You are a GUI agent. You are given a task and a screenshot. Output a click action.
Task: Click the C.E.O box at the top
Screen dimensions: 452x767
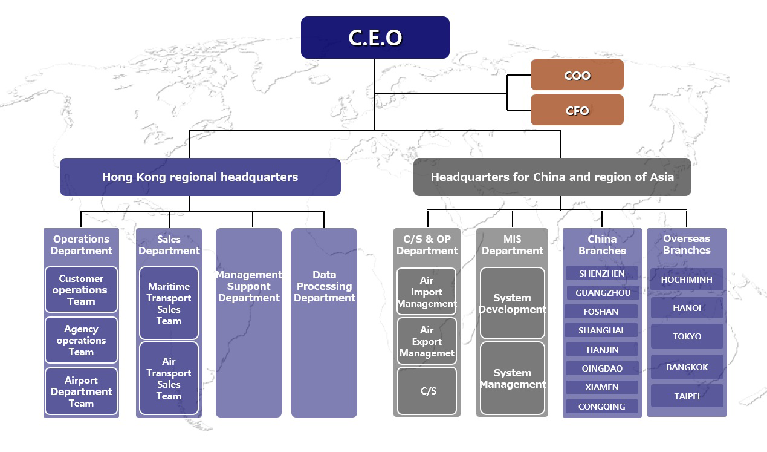click(x=375, y=38)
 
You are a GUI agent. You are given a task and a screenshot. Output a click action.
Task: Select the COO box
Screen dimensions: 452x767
click(x=577, y=75)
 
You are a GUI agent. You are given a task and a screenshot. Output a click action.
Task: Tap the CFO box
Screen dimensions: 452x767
click(x=577, y=110)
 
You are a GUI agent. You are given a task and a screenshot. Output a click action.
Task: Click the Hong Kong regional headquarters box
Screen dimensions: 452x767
click(x=200, y=177)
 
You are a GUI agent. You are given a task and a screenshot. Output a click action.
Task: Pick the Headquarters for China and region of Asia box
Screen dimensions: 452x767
click(x=552, y=177)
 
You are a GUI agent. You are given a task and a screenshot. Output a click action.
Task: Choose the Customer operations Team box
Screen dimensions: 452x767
click(x=81, y=290)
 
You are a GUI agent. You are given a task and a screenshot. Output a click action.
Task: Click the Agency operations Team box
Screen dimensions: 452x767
click(x=81, y=340)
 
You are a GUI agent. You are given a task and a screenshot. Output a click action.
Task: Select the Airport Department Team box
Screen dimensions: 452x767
click(x=81, y=391)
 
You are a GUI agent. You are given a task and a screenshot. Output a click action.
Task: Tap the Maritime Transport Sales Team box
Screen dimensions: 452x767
click(x=169, y=303)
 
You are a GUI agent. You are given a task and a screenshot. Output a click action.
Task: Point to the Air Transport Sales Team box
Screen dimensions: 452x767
click(x=169, y=379)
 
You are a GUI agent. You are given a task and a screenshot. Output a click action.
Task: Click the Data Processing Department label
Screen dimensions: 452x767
click(x=324, y=286)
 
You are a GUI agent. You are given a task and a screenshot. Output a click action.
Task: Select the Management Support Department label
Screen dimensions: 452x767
click(x=248, y=286)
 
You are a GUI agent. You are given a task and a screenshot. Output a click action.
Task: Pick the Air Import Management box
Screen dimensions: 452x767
click(x=427, y=292)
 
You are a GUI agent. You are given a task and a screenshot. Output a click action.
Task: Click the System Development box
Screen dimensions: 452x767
click(x=512, y=303)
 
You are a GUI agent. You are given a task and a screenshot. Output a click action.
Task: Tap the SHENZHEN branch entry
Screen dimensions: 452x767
click(x=601, y=273)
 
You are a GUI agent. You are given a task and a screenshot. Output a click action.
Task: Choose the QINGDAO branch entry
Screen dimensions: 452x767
click(x=601, y=368)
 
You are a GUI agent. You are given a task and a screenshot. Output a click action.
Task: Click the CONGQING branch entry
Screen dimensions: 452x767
click(x=601, y=407)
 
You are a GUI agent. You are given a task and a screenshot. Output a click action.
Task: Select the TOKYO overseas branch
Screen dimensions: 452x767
click(x=687, y=336)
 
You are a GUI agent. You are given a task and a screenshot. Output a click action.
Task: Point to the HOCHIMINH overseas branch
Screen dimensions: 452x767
click(x=687, y=280)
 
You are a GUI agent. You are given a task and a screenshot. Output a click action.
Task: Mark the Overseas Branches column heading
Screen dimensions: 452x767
click(x=687, y=244)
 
